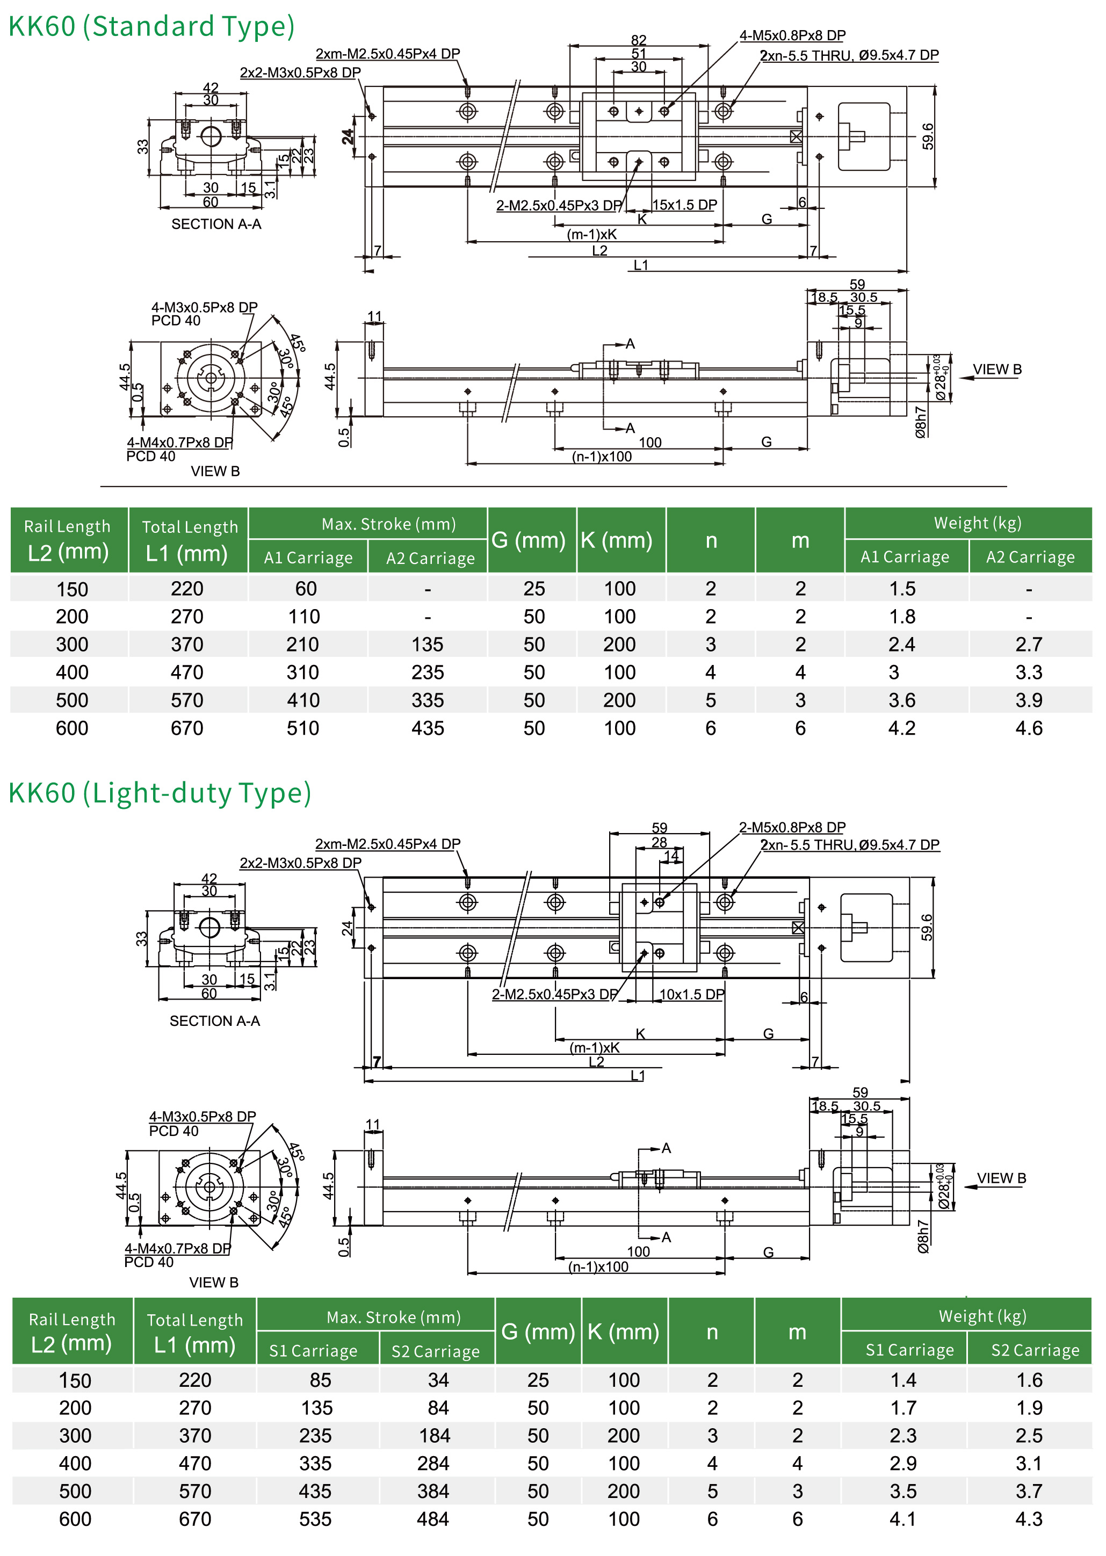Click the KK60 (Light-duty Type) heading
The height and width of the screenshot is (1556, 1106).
pos(160,793)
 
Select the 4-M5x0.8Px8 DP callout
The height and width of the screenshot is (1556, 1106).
pos(792,35)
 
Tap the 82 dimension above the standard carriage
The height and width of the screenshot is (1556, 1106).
pos(638,40)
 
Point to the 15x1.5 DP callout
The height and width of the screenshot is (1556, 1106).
pos(684,205)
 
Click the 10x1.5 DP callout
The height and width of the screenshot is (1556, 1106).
pos(691,994)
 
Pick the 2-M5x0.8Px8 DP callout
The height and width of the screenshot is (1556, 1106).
pos(792,827)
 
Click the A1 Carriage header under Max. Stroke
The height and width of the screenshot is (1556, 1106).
pos(308,558)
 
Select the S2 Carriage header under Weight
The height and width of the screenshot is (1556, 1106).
pos(1035,1350)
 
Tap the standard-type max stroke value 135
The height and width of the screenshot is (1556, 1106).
pos(428,644)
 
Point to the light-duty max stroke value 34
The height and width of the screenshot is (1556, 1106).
pos(438,1380)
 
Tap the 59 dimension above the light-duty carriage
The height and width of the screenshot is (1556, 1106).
pos(659,828)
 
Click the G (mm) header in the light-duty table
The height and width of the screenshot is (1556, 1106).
pos(538,1331)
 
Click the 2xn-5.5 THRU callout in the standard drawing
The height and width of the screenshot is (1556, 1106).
pos(849,55)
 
